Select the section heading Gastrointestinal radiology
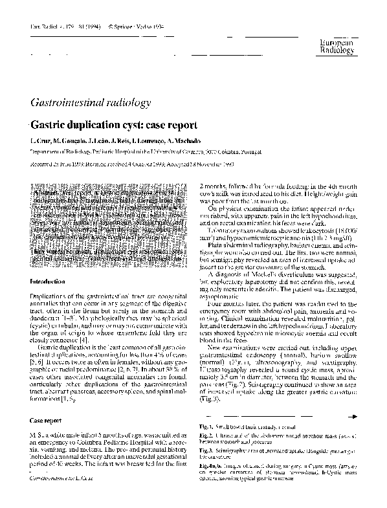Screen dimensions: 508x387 91,102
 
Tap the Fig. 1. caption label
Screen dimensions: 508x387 208,427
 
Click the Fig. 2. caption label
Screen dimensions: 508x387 208,437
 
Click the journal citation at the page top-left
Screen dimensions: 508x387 62,28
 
